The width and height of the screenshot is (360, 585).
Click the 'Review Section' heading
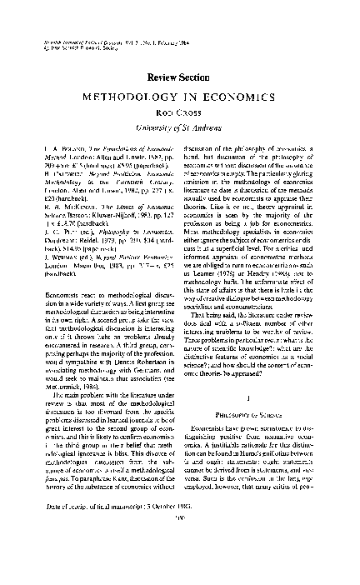click(x=180, y=77)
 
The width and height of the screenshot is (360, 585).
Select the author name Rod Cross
click(x=180, y=114)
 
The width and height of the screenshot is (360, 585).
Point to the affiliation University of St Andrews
click(x=180, y=127)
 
